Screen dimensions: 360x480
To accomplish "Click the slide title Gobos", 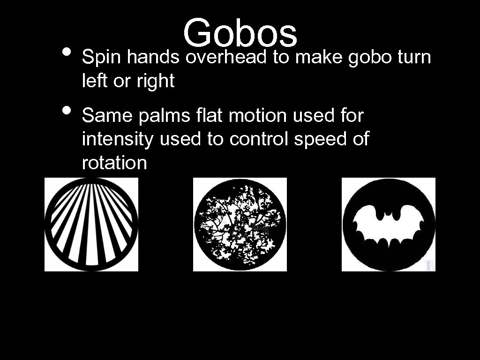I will (x=240, y=33).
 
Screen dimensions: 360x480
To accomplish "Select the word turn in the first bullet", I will (x=414, y=58).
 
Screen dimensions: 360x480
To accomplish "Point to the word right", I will (x=155, y=82).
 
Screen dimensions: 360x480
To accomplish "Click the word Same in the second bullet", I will (x=107, y=115).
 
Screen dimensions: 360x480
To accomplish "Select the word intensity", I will (x=118, y=139).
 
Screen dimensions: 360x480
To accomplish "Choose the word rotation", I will (x=114, y=163).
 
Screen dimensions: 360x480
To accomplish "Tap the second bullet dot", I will (x=67, y=110).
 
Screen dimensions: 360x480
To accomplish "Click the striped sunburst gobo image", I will (x=91, y=225).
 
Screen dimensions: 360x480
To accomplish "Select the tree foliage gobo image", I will (x=240, y=225).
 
